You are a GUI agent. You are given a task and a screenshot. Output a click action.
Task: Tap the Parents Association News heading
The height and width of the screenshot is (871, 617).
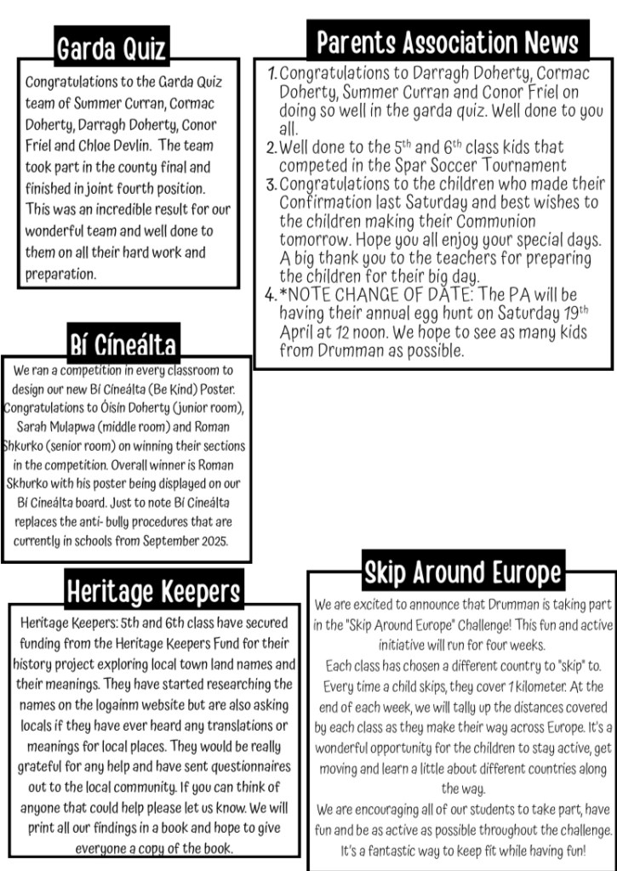(x=447, y=42)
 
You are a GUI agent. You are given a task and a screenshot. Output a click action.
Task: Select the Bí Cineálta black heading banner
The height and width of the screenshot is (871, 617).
(x=123, y=344)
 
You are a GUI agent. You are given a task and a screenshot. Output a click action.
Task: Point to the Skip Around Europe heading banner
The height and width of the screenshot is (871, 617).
(x=462, y=572)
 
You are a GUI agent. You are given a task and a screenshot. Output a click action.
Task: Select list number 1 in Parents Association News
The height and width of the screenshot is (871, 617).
(x=271, y=74)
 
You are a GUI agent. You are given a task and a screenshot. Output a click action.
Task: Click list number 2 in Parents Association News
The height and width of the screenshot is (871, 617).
(x=271, y=147)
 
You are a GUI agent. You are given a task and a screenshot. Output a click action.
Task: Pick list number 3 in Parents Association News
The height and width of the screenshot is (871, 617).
(x=271, y=184)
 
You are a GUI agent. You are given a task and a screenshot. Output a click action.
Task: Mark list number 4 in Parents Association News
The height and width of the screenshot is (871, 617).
(x=271, y=295)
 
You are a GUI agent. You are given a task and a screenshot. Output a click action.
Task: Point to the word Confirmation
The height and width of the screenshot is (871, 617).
(x=326, y=202)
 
